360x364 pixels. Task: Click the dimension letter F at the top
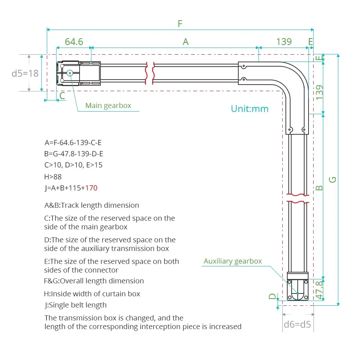(x=180, y=24)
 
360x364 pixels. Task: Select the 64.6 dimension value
(x=74, y=42)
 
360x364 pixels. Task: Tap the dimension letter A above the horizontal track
(x=185, y=42)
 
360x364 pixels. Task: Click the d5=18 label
(x=25, y=73)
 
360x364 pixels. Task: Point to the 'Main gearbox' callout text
(x=108, y=105)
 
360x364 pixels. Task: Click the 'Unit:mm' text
(x=249, y=109)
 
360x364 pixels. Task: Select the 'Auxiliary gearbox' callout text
(x=233, y=261)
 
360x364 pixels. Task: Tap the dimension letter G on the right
(x=333, y=179)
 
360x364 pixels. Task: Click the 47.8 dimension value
(x=319, y=290)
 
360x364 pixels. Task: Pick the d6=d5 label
(x=297, y=324)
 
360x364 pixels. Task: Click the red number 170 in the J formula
(x=91, y=188)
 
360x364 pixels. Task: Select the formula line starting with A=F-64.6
(x=73, y=143)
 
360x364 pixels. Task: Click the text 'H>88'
(x=53, y=177)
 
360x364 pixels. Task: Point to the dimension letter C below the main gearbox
(x=62, y=96)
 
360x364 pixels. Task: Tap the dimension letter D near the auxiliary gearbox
(x=273, y=296)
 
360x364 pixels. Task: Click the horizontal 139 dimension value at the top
(x=284, y=42)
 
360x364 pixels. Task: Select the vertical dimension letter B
(x=319, y=188)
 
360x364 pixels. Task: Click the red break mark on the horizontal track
(x=150, y=73)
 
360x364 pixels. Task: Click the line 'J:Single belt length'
(x=75, y=305)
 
